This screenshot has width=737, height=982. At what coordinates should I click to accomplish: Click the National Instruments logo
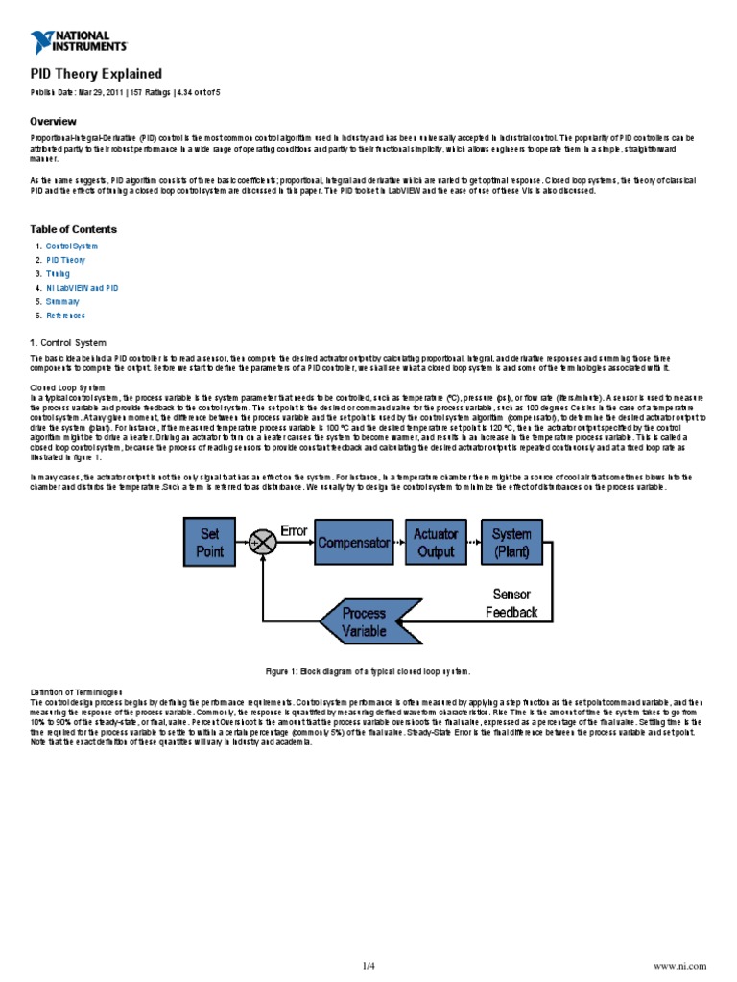[x=79, y=41]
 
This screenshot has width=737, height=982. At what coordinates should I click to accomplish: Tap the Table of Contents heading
[x=74, y=229]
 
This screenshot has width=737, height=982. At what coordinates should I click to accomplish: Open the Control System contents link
[x=72, y=246]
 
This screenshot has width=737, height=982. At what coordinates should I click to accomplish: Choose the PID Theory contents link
[x=66, y=260]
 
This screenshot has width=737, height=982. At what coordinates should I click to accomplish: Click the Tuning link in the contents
[x=59, y=273]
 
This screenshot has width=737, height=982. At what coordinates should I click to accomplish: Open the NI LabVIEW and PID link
[x=83, y=287]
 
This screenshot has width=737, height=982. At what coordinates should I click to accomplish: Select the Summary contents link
[x=63, y=301]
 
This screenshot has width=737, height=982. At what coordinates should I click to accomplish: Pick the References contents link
[x=66, y=315]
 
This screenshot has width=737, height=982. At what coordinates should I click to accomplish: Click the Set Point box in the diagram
[x=210, y=542]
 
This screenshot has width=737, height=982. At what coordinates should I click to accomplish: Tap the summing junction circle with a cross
[x=262, y=542]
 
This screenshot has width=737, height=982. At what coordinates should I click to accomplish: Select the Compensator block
[x=353, y=542]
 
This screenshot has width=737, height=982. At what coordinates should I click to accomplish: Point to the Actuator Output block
[x=436, y=542]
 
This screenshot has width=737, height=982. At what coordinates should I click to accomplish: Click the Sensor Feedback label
[x=511, y=603]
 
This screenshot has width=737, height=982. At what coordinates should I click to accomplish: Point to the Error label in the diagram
[x=293, y=530]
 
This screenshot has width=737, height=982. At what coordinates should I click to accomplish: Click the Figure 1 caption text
[x=368, y=672]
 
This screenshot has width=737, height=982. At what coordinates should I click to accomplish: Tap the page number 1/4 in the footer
[x=368, y=964]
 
